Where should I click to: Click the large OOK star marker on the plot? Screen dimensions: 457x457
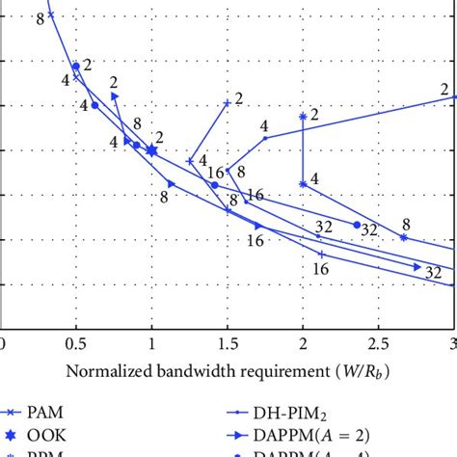pos(151,150)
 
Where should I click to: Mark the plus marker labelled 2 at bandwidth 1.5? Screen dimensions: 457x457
pos(228,103)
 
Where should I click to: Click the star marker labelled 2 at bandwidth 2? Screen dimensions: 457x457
pos(303,116)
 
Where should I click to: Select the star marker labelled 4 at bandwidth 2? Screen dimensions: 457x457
pos(303,183)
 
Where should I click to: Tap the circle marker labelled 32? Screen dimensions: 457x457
pos(357,225)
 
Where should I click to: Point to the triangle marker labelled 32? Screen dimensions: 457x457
pos(418,266)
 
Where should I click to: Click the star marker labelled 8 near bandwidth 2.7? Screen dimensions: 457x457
pos(404,237)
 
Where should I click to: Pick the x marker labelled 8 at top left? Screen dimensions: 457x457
pos(51,13)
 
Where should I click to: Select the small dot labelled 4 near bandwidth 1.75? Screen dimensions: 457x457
pos(265,138)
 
